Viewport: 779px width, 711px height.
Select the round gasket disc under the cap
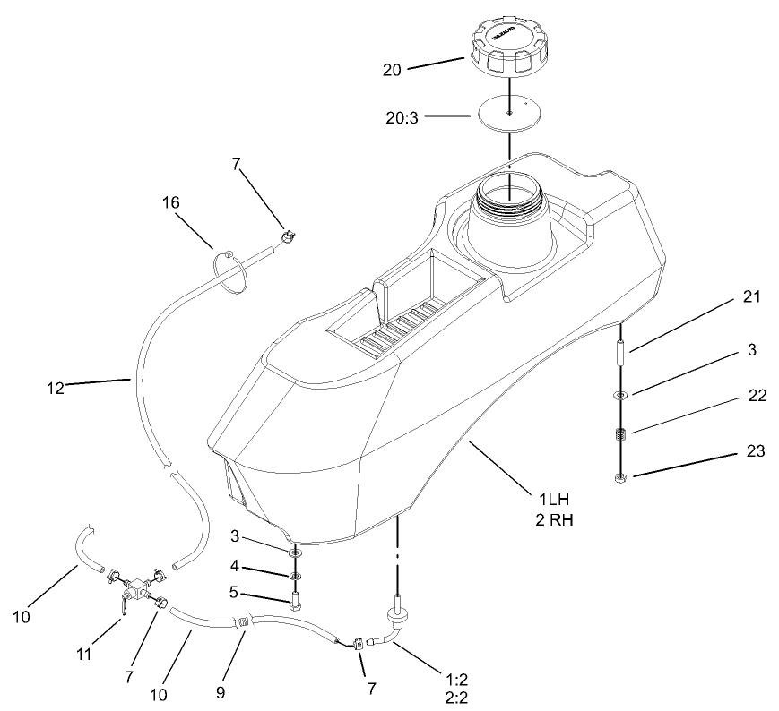507,114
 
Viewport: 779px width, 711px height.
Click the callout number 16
171,203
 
